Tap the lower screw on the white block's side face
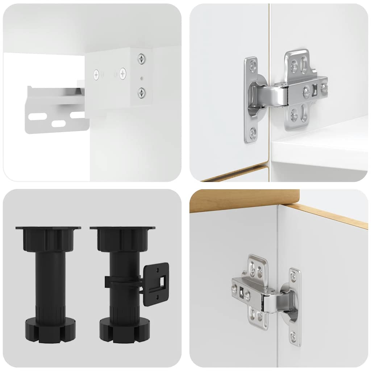pyautogui.click(x=141, y=92)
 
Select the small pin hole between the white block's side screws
pyautogui.click(x=142, y=78)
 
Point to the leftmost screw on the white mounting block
pyautogui.click(x=97, y=75)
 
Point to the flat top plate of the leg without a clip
pyautogui.click(x=48, y=228)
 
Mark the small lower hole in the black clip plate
pyautogui.click(x=158, y=298)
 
